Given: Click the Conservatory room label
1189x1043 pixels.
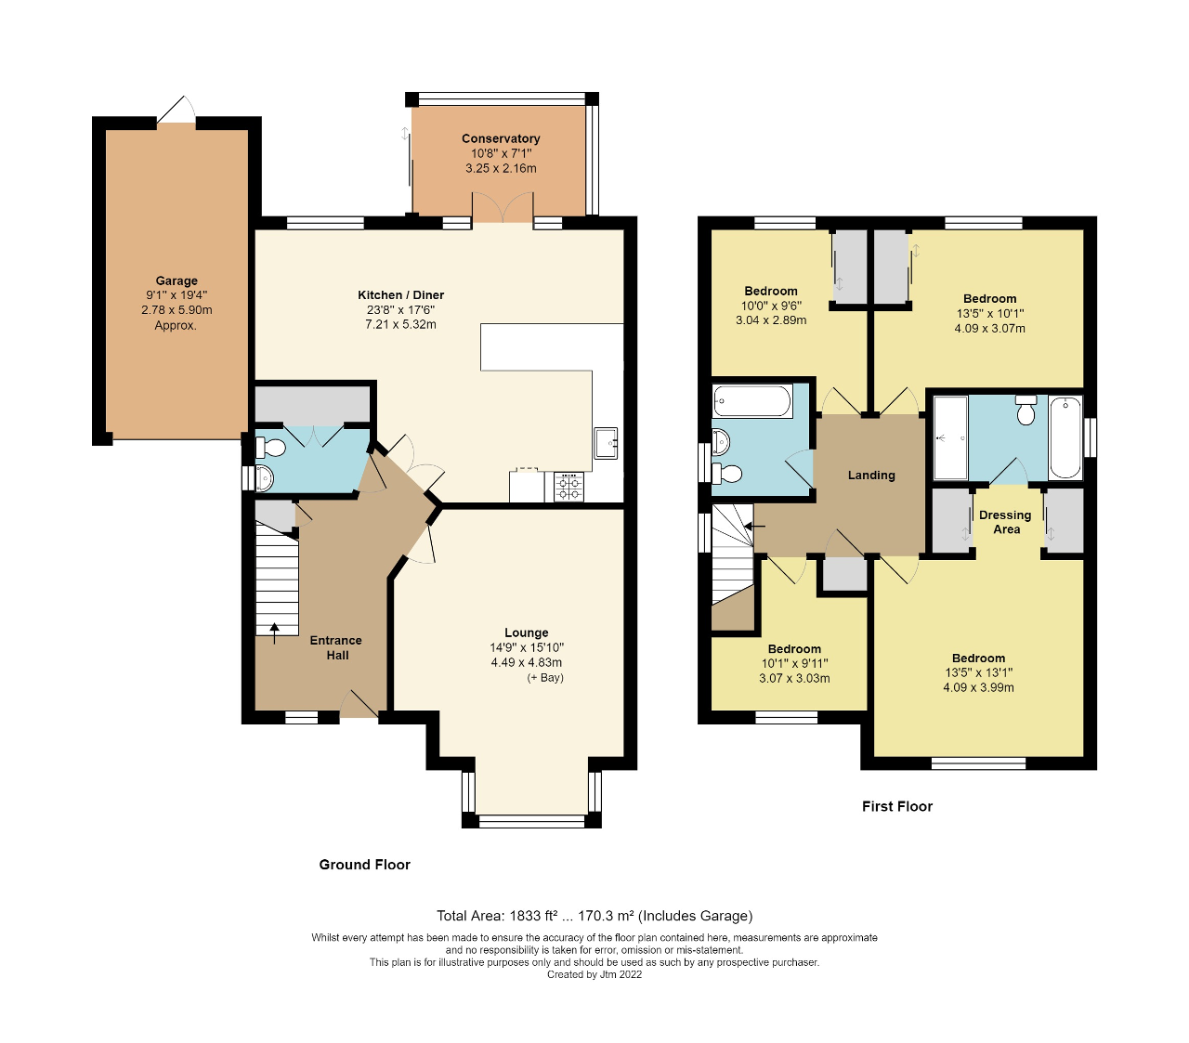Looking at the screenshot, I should click(x=501, y=138).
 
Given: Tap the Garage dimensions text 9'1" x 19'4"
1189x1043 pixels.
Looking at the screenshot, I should click(x=176, y=295).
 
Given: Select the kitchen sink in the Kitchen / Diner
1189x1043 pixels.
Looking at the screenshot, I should click(x=607, y=442).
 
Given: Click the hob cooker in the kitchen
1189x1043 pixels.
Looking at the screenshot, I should click(x=569, y=487).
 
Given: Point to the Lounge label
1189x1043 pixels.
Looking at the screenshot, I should click(x=527, y=632).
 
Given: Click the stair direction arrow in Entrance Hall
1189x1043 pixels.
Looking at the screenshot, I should click(x=274, y=632).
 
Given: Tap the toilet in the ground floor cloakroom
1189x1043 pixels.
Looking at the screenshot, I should click(x=271, y=449).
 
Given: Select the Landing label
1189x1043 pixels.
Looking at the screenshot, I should click(x=871, y=475).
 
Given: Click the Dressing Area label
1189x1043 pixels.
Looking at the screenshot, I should click(x=1005, y=522).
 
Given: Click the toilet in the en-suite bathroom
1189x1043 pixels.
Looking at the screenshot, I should click(x=1026, y=411).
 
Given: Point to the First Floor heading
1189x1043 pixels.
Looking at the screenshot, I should click(x=896, y=806).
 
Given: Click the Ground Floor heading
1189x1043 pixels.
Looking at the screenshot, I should click(x=364, y=865).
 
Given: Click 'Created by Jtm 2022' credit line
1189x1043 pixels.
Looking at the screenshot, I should click(x=594, y=974).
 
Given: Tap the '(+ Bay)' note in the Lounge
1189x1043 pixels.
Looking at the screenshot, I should click(x=545, y=677).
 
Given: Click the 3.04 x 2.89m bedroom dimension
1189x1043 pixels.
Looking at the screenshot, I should click(x=771, y=320).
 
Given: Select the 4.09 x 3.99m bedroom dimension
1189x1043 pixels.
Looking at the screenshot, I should click(x=978, y=687).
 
